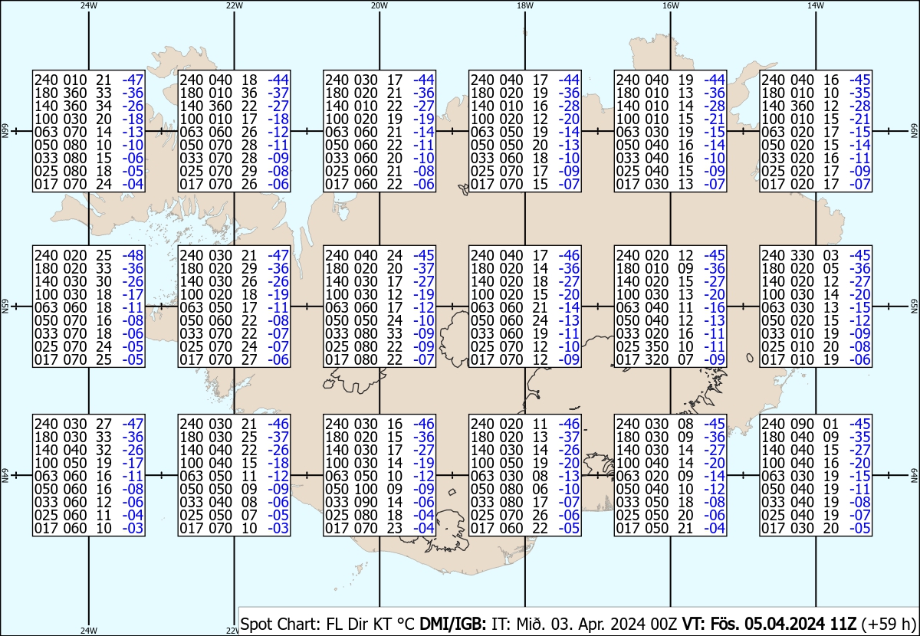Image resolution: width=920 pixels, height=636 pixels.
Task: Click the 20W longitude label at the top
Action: (379, 5)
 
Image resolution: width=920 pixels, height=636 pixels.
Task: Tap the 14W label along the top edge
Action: (815, 5)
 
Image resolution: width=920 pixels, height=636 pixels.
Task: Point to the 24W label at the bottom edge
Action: (89, 631)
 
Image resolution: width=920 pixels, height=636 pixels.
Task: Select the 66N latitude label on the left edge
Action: (4, 132)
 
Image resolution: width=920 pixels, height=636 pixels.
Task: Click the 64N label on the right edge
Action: (914, 475)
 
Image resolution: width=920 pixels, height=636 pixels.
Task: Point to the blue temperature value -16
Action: (715, 307)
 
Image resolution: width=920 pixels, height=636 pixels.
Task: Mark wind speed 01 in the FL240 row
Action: (830, 424)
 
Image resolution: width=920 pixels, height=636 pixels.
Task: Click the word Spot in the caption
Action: (255, 623)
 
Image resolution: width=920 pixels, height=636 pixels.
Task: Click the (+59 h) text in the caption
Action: (889, 623)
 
